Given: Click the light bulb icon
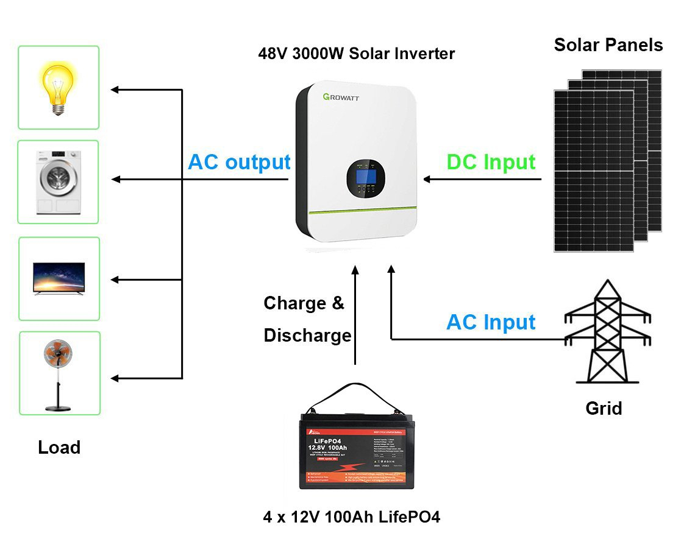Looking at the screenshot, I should (x=58, y=87).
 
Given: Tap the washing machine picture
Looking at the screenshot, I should (x=59, y=181).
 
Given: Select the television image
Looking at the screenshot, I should (x=59, y=279).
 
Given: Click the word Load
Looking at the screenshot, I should (x=59, y=448).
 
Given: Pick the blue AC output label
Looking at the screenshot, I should (x=239, y=163).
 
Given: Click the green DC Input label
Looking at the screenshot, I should (x=491, y=162).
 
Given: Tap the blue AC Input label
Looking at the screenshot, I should (x=491, y=322).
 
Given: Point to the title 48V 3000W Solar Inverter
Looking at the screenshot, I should (x=356, y=54).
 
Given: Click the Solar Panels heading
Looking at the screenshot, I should (x=608, y=44).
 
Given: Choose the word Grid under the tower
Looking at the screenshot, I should (x=604, y=408).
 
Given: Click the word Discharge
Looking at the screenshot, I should (x=307, y=336).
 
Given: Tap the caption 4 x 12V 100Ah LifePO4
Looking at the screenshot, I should (x=351, y=517).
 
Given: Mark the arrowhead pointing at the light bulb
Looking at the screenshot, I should (x=115, y=90).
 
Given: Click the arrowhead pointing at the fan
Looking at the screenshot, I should (x=115, y=378).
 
